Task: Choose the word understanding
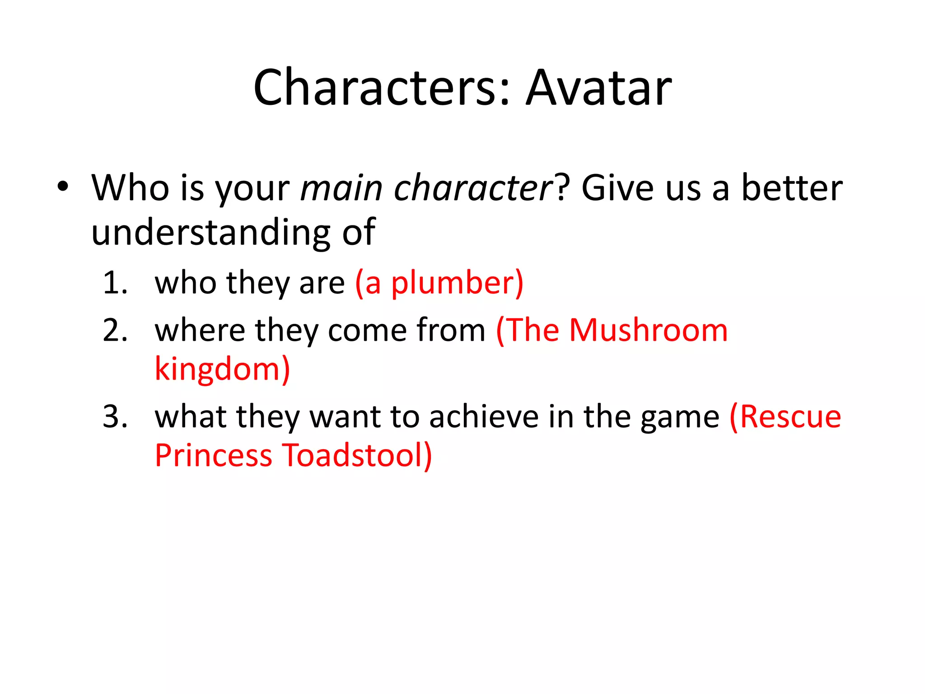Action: pyautogui.click(x=211, y=232)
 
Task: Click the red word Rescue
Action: pyautogui.click(x=790, y=417)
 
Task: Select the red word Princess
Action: pyautogui.click(x=213, y=455)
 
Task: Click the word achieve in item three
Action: pyautogui.click(x=484, y=417)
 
